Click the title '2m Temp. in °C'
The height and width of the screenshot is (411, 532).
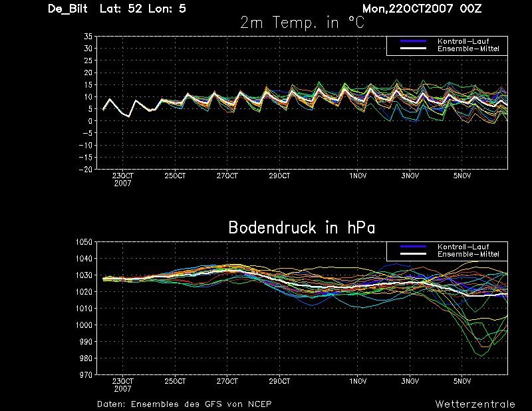302,23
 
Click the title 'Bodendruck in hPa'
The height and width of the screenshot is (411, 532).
302,227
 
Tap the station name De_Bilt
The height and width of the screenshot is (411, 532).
68,9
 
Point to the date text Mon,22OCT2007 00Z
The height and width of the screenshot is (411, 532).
422,9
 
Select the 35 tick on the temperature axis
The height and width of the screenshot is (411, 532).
88,37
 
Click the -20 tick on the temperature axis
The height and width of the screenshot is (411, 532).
86,169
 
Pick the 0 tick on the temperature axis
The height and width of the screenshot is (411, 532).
90,121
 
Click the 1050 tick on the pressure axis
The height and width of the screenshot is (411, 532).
84,242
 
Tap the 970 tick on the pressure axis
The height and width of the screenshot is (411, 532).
86,374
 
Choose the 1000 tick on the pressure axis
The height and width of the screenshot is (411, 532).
84,325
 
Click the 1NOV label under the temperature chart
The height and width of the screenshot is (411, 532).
358,176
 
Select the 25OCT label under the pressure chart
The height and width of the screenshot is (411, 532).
175,381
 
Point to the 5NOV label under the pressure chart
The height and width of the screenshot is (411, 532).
462,381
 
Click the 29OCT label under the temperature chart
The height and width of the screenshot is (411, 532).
279,176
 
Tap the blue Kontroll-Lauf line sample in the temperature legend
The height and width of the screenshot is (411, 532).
413,41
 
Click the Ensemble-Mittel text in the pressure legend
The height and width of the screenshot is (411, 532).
468,254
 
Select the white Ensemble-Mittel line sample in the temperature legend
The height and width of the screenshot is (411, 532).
413,49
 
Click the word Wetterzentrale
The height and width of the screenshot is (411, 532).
475,404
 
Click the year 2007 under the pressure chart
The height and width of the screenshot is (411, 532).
122,389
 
